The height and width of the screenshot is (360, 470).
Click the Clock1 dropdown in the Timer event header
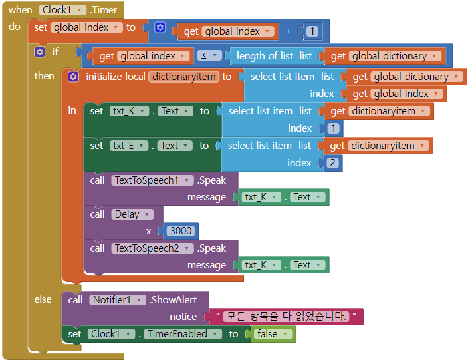62,10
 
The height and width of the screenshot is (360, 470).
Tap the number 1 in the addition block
312,31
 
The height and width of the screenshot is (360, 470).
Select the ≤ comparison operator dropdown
209,55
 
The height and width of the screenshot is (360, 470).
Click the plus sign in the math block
289,31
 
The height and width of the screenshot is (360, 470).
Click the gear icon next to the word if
40,52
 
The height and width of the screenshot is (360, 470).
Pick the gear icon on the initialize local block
73,77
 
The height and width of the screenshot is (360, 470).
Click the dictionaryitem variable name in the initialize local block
183,77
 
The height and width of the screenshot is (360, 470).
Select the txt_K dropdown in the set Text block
129,111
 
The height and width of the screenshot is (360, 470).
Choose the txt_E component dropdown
129,146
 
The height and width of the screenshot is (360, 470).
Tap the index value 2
332,163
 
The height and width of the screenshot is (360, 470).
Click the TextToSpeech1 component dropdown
152,180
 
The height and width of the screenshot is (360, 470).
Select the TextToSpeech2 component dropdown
152,248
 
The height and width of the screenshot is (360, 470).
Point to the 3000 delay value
181,231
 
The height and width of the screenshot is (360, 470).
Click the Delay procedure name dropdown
132,214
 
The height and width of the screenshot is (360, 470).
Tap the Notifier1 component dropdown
118,300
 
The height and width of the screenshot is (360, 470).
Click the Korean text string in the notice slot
287,317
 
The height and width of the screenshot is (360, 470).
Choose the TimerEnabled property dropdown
183,334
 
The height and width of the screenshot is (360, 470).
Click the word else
43,299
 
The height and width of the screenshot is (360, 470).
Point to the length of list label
265,56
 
